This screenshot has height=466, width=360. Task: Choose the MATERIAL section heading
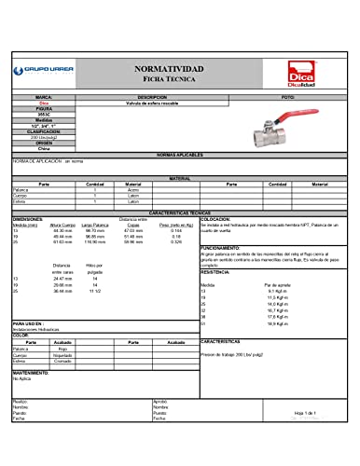point(179,177)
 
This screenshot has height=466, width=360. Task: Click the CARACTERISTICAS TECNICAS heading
point(179,212)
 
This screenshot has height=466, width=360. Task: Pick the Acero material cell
point(132,190)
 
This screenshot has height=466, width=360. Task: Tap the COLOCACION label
point(215,219)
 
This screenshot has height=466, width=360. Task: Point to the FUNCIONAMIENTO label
point(220,247)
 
